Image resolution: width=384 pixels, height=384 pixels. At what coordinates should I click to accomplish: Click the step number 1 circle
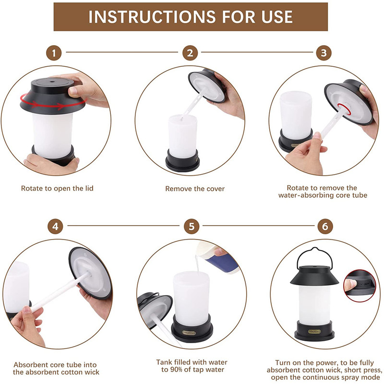[x=54, y=53]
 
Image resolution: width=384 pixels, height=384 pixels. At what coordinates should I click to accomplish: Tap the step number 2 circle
[x=190, y=53]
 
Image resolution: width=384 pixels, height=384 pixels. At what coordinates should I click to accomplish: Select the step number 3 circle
[x=324, y=53]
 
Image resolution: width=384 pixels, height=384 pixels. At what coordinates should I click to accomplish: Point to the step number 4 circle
[x=55, y=226]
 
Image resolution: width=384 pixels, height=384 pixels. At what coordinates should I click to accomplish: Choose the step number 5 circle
[x=192, y=226]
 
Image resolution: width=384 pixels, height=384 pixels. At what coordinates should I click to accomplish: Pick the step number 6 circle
[x=325, y=226]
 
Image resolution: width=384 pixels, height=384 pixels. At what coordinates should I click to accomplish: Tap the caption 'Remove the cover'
[x=195, y=189]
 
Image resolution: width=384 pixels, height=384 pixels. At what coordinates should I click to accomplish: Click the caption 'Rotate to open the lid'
[x=57, y=188]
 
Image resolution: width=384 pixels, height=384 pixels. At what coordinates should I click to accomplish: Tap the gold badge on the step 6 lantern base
[x=314, y=332]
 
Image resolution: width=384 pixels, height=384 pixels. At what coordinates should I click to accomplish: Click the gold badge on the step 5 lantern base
[x=189, y=333]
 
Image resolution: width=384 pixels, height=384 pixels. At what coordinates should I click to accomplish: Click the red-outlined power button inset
[x=360, y=286]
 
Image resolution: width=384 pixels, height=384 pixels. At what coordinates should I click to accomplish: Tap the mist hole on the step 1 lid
[x=52, y=81]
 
